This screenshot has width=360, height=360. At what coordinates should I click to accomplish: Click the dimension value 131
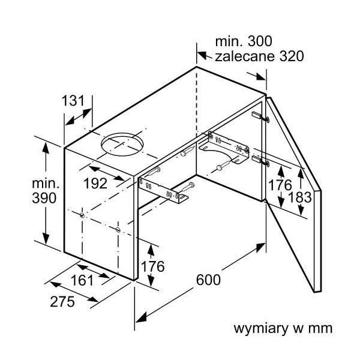pos(73,101)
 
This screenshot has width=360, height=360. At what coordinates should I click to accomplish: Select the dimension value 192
pos(95,184)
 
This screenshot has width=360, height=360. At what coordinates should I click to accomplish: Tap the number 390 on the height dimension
pos(44,198)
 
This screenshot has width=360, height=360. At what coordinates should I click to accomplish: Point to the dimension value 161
pos(82,280)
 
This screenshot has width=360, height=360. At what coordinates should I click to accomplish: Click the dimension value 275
pos(62,302)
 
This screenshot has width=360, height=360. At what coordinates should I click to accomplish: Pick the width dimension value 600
pos(208,280)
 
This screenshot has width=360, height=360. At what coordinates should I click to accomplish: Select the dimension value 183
pos(299,197)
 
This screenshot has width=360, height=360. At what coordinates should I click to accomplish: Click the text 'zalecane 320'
pos(259,56)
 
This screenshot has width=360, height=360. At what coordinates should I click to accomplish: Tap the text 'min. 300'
pos(244,41)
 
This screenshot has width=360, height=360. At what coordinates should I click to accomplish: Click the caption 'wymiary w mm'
pos(283,329)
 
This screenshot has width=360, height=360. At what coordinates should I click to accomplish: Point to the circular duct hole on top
pos(122,144)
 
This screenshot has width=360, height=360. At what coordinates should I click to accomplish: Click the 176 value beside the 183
pos(280,185)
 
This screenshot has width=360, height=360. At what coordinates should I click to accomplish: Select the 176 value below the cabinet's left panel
pos(152,266)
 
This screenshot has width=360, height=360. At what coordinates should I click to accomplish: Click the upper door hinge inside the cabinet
pos(260,116)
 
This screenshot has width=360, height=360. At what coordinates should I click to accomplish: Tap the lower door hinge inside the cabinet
pos(260,160)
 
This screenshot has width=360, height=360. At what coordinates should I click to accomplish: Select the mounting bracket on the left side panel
pos(163,191)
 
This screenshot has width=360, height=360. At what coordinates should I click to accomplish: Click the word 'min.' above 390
pos(46,183)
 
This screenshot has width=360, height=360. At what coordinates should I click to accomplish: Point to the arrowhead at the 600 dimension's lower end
pos(140,318)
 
